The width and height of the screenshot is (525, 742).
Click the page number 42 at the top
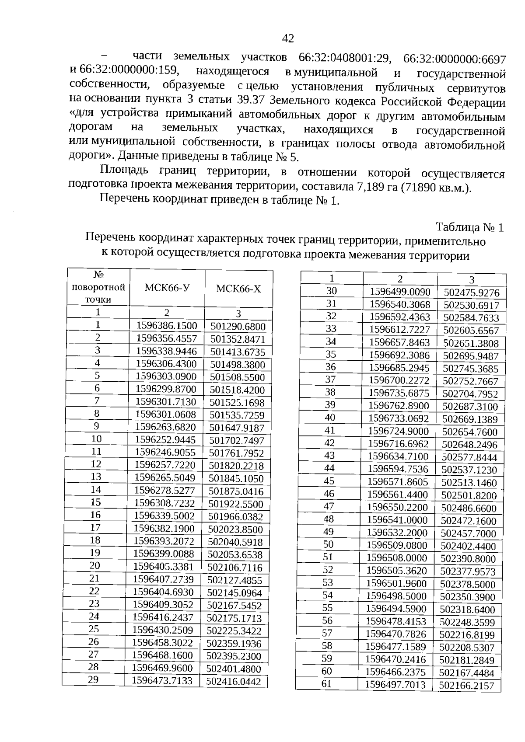pyautogui.click(x=288, y=39)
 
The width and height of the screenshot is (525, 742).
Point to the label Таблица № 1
pyautogui.click(x=470, y=227)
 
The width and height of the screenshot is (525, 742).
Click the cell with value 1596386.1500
pyautogui.click(x=167, y=326)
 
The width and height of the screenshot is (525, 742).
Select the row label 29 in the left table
pyautogui.click(x=93, y=679)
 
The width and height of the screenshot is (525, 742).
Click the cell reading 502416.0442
pyautogui.click(x=234, y=682)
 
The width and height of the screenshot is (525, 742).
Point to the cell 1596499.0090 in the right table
pyautogui.click(x=400, y=292)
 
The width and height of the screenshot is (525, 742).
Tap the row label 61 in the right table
pyautogui.click(x=326, y=684)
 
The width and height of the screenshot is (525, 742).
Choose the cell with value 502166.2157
pyautogui.click(x=467, y=686)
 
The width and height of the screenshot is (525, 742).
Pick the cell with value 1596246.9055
pyautogui.click(x=165, y=452)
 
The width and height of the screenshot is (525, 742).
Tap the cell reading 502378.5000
pyautogui.click(x=468, y=585)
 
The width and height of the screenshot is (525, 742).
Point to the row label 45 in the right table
pyautogui.click(x=329, y=481)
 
